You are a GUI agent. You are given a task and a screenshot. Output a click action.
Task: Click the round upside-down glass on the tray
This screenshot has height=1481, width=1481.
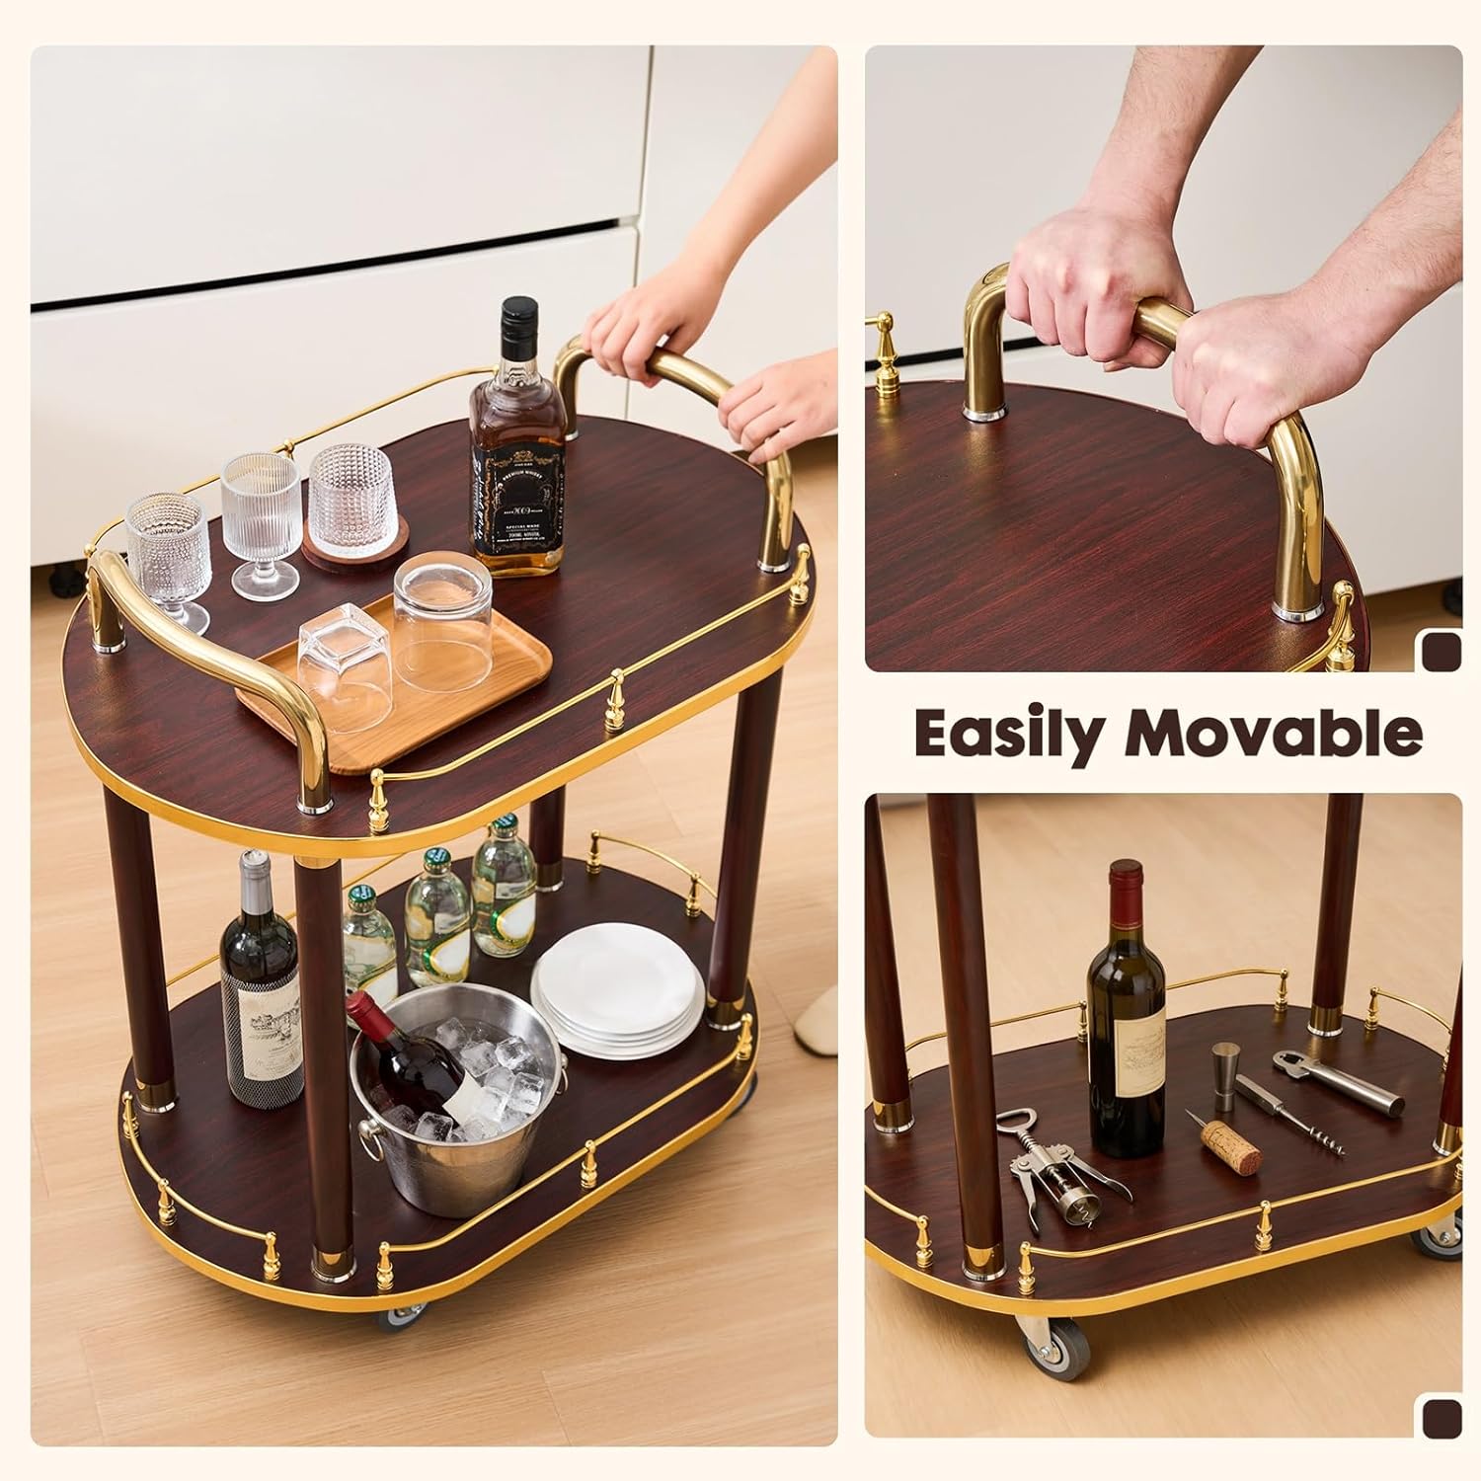[442, 620]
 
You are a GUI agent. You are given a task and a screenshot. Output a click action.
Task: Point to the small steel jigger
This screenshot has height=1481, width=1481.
[1225, 1076]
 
